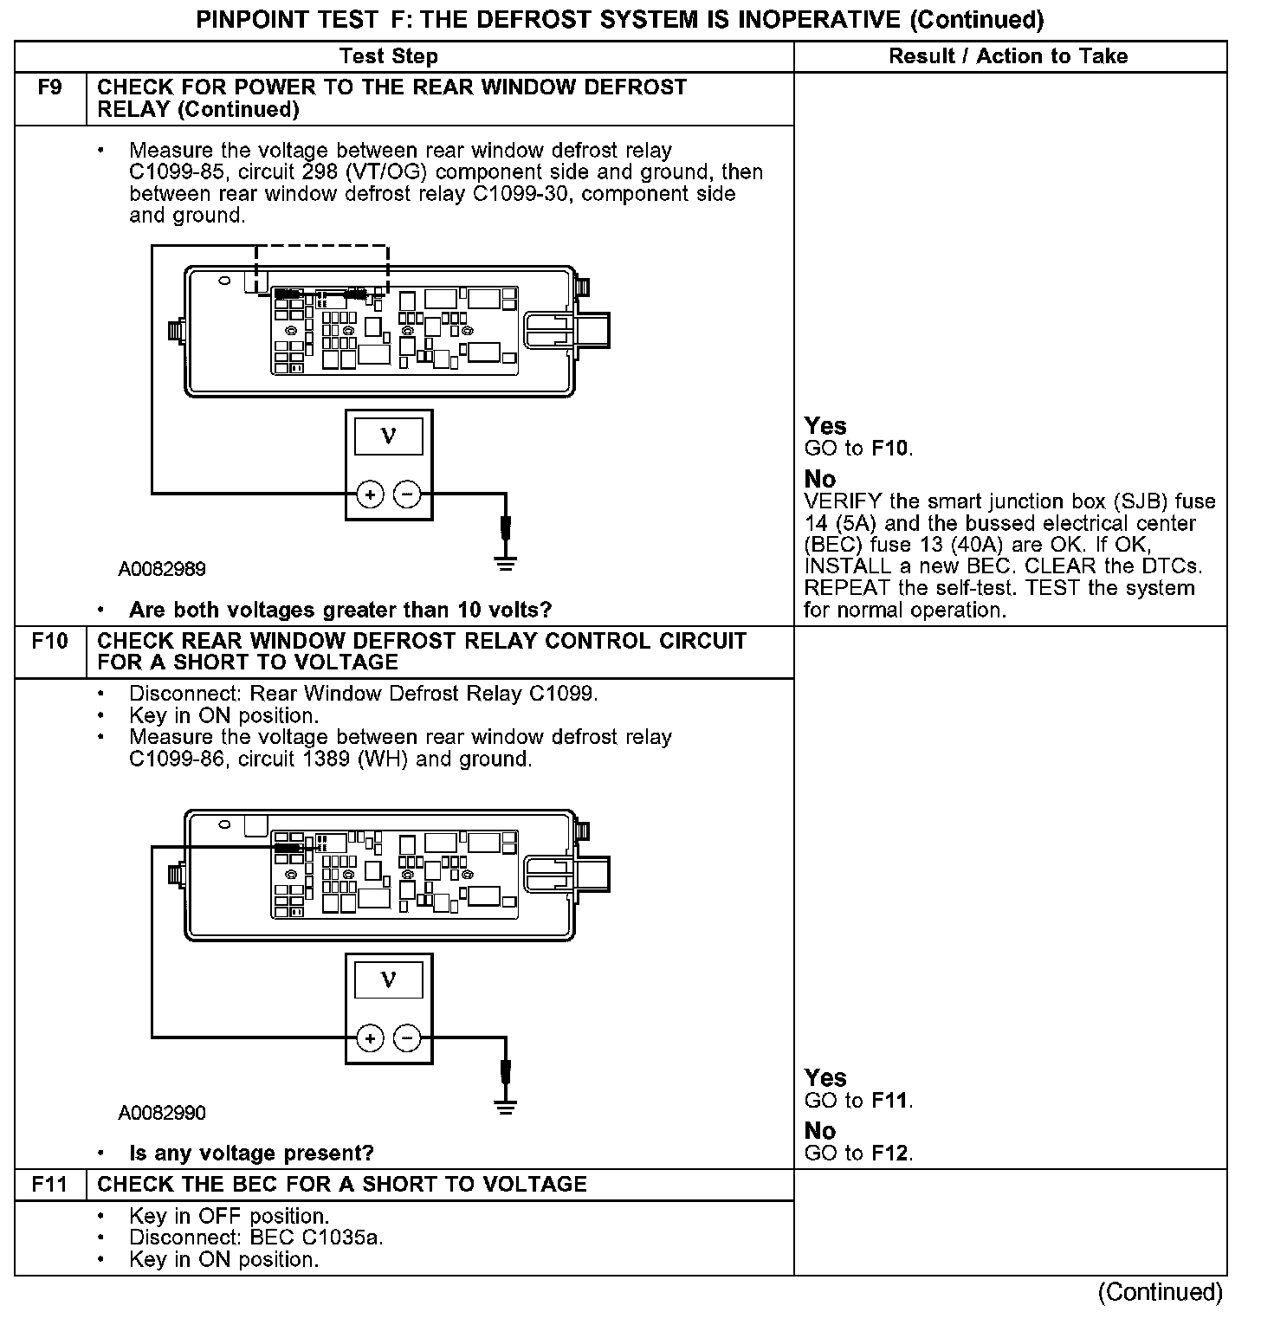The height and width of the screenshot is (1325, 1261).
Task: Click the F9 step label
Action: pyautogui.click(x=50, y=87)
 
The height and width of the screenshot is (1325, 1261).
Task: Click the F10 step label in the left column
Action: pyautogui.click(x=50, y=642)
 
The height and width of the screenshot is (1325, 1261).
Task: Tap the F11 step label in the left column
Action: pyautogui.click(x=50, y=1185)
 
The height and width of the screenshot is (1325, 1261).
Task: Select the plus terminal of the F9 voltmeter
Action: pyautogui.click(x=370, y=494)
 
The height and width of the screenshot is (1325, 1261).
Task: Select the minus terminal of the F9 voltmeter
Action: pyautogui.click(x=407, y=494)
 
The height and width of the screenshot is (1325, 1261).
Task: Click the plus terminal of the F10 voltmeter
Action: pyautogui.click(x=370, y=1037)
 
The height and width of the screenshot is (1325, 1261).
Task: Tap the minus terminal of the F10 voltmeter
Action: pyautogui.click(x=407, y=1037)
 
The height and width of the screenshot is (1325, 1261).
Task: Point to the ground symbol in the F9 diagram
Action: pyautogui.click(x=506, y=564)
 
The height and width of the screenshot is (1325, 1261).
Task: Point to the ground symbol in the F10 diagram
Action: pyautogui.click(x=506, y=1107)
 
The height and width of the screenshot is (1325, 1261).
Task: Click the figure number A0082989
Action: pyautogui.click(x=162, y=569)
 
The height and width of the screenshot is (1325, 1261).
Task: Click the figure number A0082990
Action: pyautogui.click(x=162, y=1112)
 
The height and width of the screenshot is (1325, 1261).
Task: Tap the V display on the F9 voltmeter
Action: pyautogui.click(x=389, y=436)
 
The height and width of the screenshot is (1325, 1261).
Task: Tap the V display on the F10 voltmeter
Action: pyautogui.click(x=389, y=979)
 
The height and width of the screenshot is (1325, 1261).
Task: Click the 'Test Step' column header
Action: pyautogui.click(x=389, y=57)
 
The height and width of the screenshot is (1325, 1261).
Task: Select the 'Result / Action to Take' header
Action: pyautogui.click(x=1008, y=57)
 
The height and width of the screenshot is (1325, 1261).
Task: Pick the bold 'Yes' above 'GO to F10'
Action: pyautogui.click(x=825, y=426)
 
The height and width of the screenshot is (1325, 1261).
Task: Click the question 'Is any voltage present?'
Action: pyautogui.click(x=251, y=1154)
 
